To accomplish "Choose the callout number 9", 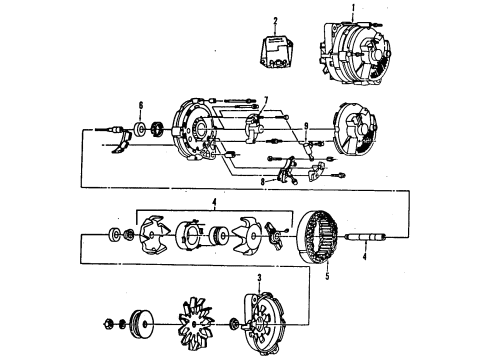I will [x=306, y=126].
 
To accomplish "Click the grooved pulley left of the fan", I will [x=147, y=323].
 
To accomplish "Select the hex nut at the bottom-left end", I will [x=107, y=323].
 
